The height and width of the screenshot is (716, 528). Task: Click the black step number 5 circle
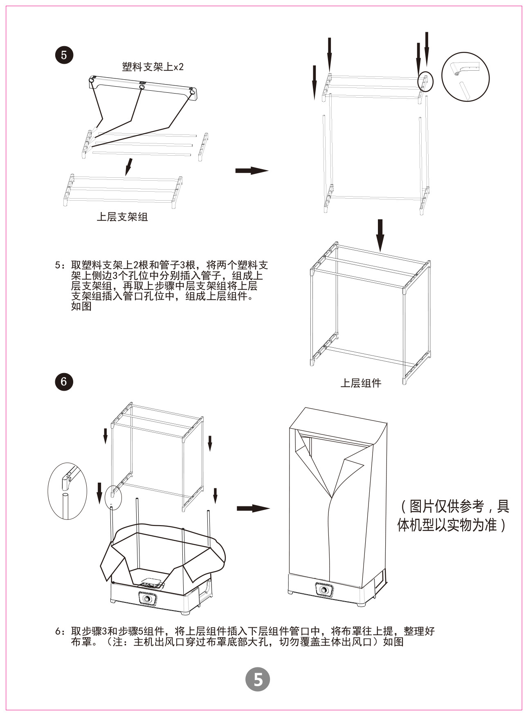point(64,55)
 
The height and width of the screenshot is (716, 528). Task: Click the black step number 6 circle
point(64,381)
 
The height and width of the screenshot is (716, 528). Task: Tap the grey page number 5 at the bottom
point(258,679)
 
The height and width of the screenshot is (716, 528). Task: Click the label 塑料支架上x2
point(153,67)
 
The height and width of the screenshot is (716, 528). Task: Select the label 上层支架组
point(122,217)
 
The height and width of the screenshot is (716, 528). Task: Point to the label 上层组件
point(361,383)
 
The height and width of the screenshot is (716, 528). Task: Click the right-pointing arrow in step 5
point(252,170)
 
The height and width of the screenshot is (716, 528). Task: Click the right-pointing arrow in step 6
point(253,508)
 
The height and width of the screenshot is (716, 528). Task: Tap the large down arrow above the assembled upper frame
point(380,235)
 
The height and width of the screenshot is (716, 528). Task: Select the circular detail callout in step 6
point(67,490)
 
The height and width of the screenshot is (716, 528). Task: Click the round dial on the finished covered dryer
point(324,591)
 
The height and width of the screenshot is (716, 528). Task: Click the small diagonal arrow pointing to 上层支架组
point(128,167)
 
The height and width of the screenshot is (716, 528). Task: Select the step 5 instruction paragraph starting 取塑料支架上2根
point(162,285)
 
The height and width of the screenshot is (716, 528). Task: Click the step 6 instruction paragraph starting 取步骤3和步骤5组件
point(245,636)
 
